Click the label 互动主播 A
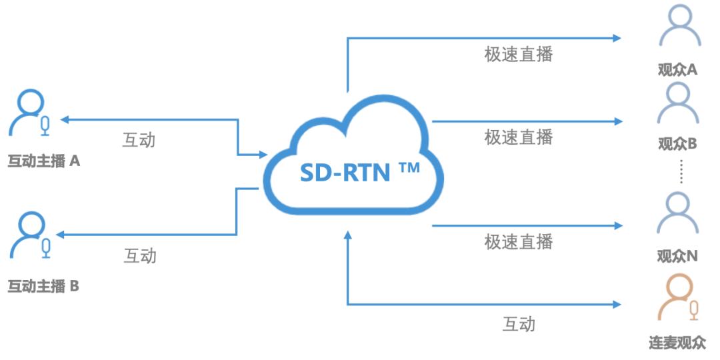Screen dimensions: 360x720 coord(44,161)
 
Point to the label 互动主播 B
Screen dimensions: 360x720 coord(43,287)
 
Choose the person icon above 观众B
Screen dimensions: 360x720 coord(678,103)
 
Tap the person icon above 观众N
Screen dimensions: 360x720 coord(678,213)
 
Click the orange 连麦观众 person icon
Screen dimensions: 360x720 coord(676,298)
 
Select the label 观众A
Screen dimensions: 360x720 coord(677,69)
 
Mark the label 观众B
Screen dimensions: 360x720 coord(677,143)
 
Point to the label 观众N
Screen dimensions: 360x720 coord(677,256)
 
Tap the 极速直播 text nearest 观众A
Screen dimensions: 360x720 coord(518,54)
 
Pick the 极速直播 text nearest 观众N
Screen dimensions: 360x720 coord(518,241)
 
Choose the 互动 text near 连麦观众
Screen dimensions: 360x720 coord(518,324)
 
